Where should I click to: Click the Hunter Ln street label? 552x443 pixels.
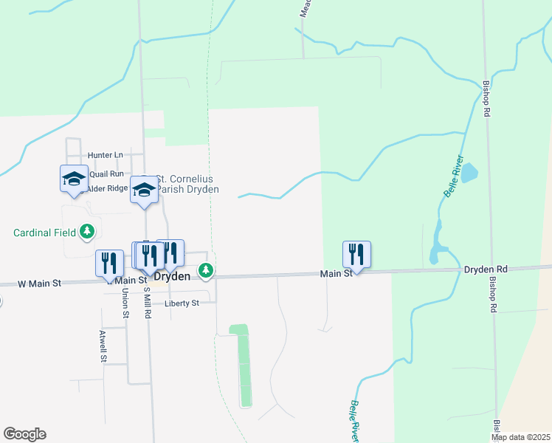(x=105, y=155)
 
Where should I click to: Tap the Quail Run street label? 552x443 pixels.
(x=106, y=174)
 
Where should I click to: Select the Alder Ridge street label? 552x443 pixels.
(x=108, y=189)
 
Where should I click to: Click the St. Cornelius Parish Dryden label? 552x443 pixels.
(x=187, y=184)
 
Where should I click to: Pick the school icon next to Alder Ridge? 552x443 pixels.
(x=74, y=179)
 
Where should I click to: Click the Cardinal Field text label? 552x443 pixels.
(x=45, y=233)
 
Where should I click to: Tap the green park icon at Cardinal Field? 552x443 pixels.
(x=88, y=232)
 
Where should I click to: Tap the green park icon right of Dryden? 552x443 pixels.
(x=207, y=272)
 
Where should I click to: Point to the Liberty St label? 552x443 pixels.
(x=182, y=303)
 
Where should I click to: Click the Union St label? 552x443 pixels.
(x=125, y=303)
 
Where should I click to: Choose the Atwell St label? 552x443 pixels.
(x=102, y=346)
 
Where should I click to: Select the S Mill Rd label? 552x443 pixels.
(x=148, y=303)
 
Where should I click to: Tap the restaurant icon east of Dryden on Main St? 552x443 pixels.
(x=356, y=255)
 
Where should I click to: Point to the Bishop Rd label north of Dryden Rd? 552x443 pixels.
(x=487, y=99)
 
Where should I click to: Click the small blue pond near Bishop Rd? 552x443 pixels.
(x=469, y=174)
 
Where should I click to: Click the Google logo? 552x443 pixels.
(x=24, y=434)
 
